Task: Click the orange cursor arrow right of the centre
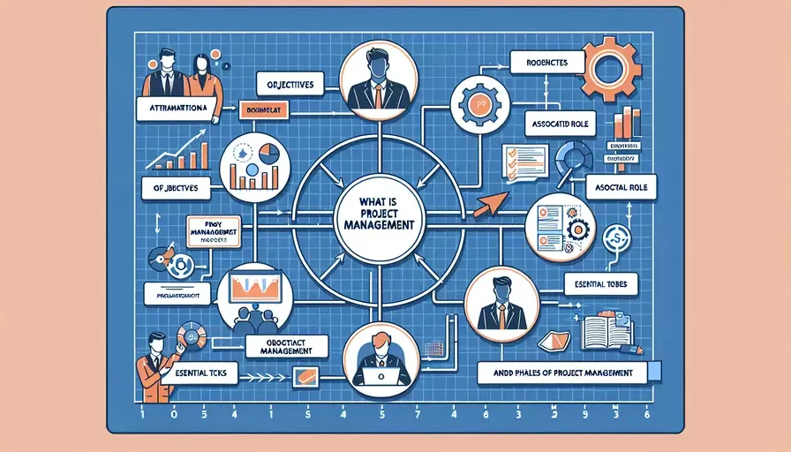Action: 489,206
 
